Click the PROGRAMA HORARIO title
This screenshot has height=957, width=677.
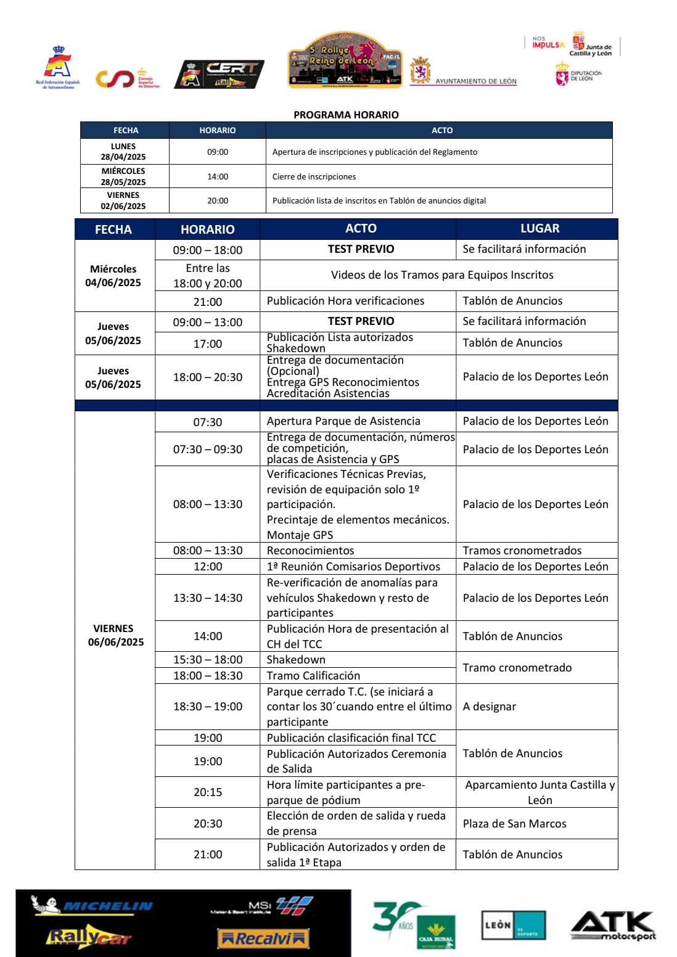tap(346, 115)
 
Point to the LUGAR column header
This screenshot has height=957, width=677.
tap(540, 229)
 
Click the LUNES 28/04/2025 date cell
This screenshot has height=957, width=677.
tap(124, 152)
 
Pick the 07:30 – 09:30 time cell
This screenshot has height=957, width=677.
tap(208, 450)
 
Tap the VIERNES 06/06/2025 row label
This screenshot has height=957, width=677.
tap(115, 635)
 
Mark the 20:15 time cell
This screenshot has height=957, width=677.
tap(208, 792)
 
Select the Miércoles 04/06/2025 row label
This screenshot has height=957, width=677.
tap(113, 276)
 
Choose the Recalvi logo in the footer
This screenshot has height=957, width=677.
tap(263, 939)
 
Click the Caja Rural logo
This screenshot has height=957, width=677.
tap(435, 931)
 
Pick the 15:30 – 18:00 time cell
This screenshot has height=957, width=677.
tap(208, 660)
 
